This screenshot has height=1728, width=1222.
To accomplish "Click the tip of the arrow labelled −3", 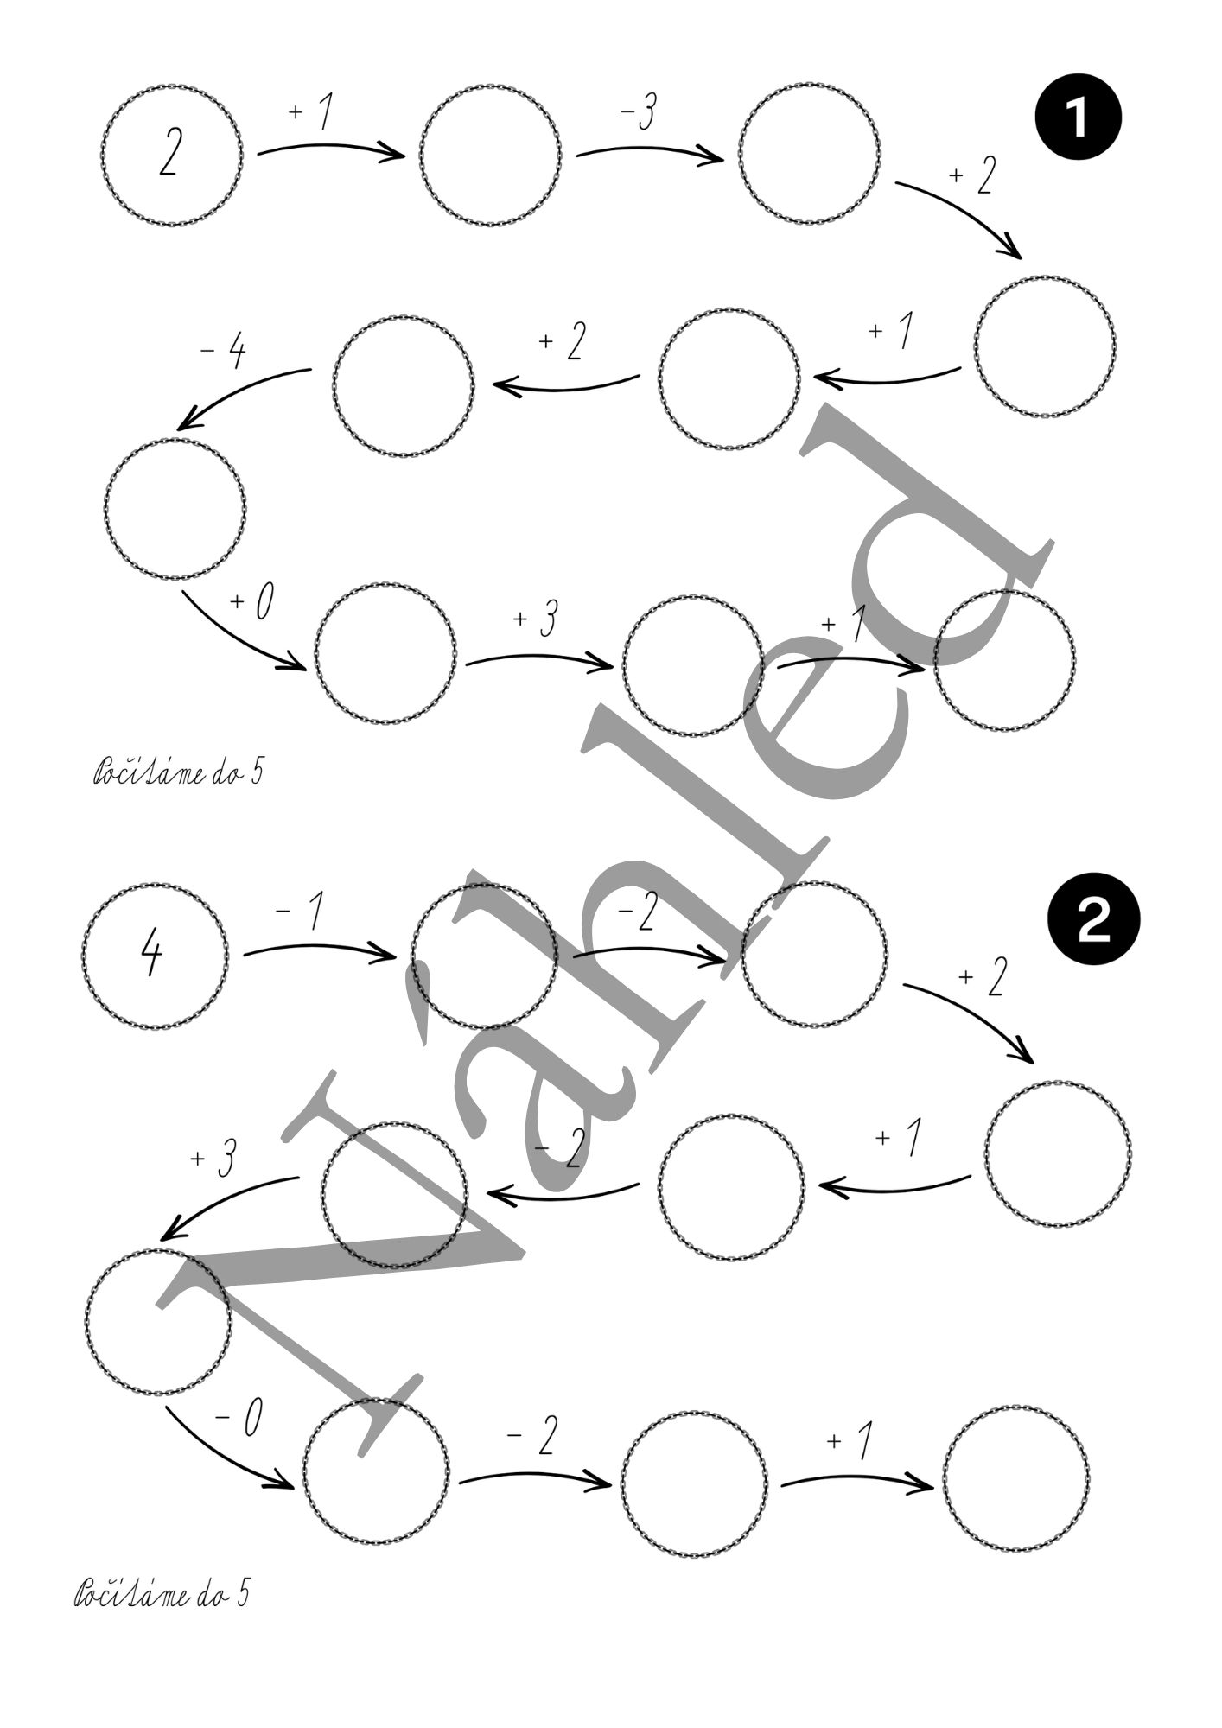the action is coord(723,159).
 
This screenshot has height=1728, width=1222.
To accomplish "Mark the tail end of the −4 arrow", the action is coord(311,370).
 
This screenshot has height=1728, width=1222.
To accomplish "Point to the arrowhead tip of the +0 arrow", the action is coord(304,669).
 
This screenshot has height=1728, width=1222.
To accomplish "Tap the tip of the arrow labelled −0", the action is coord(293,1484).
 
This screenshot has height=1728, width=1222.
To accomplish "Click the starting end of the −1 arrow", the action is coord(245,955).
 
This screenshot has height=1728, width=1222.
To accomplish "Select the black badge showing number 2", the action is coord(1093,923).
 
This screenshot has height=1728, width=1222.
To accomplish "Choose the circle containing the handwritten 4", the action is coord(156,956).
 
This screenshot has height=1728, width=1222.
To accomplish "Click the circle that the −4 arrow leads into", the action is coord(175,508).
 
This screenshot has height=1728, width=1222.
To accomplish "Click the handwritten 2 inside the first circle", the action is coord(170,155).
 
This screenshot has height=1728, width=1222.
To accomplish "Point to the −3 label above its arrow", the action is coord(636,114).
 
